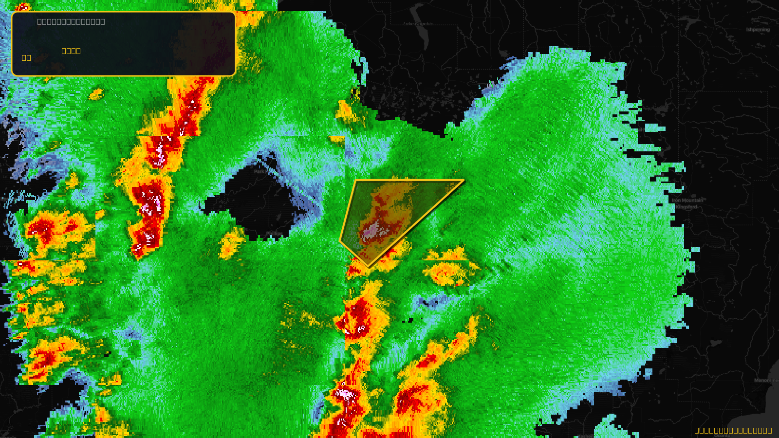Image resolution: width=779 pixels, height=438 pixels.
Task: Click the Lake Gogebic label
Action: [418, 23]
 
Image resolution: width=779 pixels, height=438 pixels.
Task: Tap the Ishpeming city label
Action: [758, 30]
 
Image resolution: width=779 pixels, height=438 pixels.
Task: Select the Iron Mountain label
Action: [687, 201]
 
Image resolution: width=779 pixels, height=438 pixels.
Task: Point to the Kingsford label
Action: [686, 207]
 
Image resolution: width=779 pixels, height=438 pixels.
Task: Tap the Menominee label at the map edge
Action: [766, 381]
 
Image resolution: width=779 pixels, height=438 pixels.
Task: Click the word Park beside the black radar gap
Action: [260, 171]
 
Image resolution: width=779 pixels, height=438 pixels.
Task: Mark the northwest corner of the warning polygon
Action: [356, 181]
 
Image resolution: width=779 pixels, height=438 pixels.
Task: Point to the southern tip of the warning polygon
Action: [369, 267]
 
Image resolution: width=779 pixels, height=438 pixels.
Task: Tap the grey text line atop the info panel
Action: [71, 21]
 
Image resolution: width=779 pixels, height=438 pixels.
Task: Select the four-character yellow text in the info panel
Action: [71, 51]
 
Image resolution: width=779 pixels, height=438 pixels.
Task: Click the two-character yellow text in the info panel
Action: [26, 57]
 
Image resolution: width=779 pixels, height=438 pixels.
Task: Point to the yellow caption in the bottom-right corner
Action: [733, 430]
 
